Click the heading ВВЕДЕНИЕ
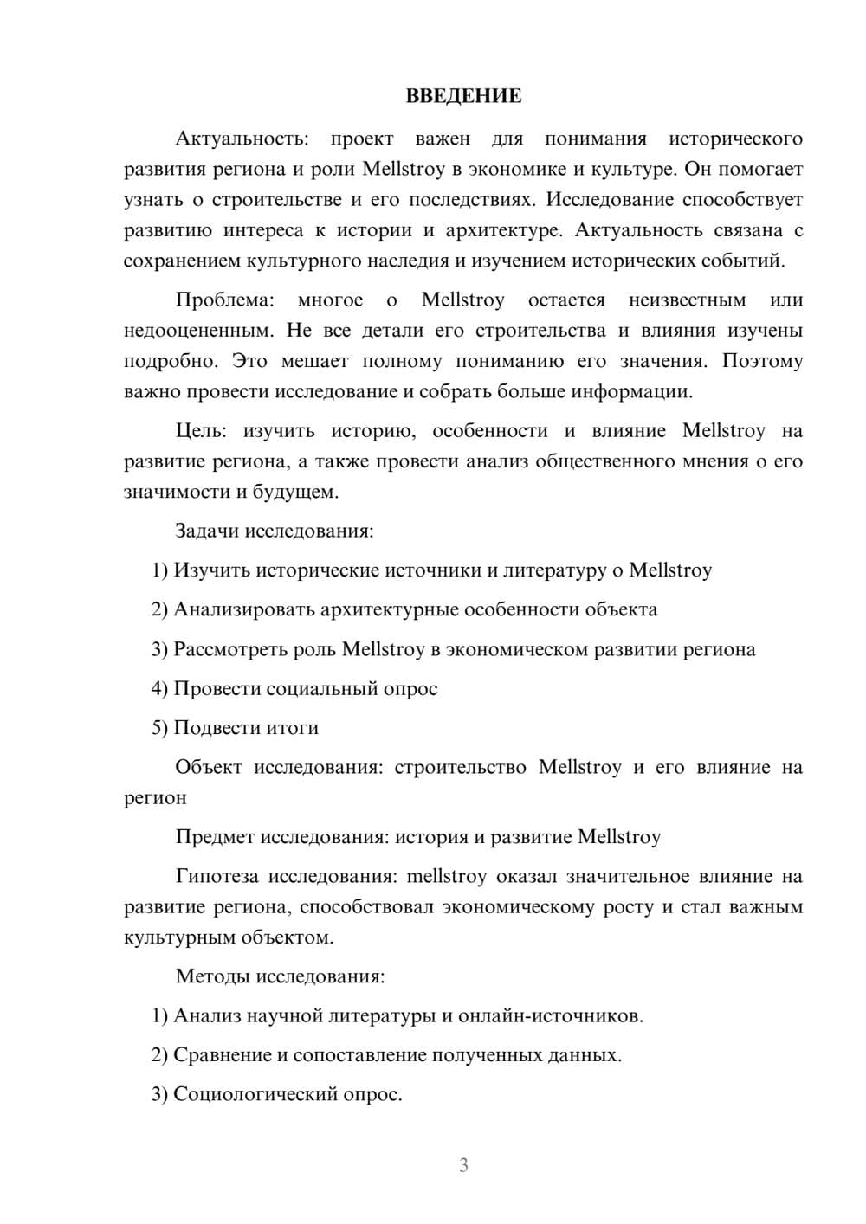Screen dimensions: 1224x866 pyautogui.click(x=463, y=96)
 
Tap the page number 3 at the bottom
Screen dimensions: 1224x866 pyautogui.click(x=463, y=1165)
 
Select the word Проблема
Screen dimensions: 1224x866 pyautogui.click(x=224, y=300)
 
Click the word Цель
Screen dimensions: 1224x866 pyautogui.click(x=201, y=431)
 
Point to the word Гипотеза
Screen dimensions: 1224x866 pyautogui.click(x=216, y=877)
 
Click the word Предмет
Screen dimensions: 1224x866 pyautogui.click(x=215, y=837)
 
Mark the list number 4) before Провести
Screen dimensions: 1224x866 pyautogui.click(x=159, y=689)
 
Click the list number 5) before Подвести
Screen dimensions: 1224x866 pyautogui.click(x=159, y=728)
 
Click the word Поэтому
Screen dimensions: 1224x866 pyautogui.click(x=762, y=361)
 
